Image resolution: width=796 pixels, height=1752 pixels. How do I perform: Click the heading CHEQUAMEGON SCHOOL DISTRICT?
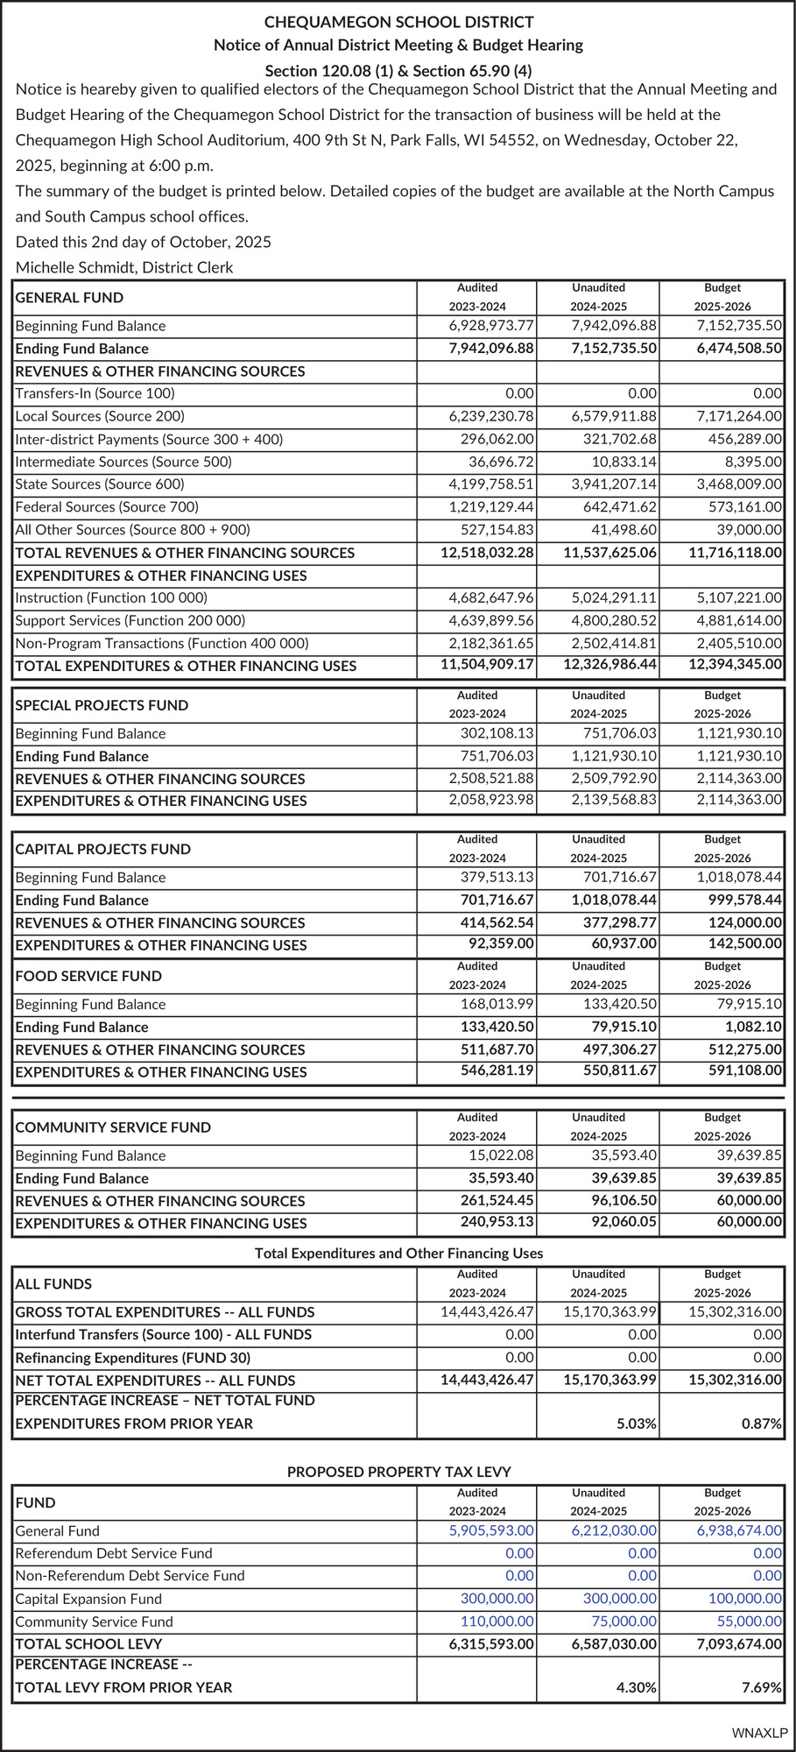point(398,22)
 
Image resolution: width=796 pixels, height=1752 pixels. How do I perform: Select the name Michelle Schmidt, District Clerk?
point(124,267)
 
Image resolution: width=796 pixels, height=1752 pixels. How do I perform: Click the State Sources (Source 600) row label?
point(100,484)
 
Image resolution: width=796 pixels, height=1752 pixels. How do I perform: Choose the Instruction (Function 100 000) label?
point(111,598)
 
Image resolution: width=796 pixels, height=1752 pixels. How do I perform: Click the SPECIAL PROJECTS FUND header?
point(102,705)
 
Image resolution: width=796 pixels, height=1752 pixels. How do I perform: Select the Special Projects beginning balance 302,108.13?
point(497,734)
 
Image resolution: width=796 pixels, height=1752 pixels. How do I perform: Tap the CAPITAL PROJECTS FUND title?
point(102,849)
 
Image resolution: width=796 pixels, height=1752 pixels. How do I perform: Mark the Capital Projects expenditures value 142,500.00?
point(745,943)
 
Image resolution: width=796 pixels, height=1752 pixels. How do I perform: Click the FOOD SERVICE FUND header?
point(88,976)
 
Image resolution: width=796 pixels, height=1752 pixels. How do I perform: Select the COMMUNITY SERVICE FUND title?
point(113,1127)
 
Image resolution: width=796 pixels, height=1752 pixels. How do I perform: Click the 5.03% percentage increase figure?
point(637,1423)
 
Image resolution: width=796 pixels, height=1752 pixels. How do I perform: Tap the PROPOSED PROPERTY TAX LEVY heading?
point(398,1473)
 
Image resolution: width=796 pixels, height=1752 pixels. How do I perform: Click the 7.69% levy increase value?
point(761,1687)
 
